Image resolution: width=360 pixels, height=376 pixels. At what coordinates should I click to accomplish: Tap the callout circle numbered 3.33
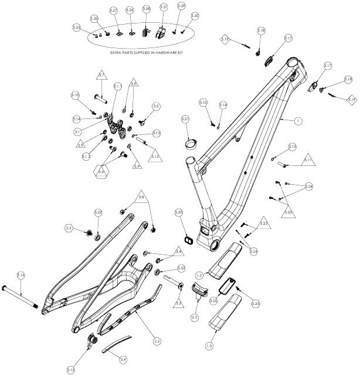pos(76,28)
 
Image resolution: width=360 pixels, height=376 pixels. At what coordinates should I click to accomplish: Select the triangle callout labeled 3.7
pos(101,76)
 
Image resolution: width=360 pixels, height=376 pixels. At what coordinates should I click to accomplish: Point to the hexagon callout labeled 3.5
pos(156,106)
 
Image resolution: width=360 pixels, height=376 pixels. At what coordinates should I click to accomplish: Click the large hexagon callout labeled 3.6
pos(101,171)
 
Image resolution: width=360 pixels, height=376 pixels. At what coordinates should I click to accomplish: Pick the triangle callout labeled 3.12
pos(155,157)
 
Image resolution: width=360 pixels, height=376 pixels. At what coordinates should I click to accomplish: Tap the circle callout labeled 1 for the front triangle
pos(298,121)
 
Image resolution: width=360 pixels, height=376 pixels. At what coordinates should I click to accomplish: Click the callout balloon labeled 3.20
pos(179,212)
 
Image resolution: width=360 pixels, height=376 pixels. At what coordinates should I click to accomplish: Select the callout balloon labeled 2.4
pos(123,358)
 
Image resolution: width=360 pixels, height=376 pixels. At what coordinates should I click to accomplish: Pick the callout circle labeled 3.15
pos(70,370)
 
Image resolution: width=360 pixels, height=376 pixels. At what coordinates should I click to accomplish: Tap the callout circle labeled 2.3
pos(193,316)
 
